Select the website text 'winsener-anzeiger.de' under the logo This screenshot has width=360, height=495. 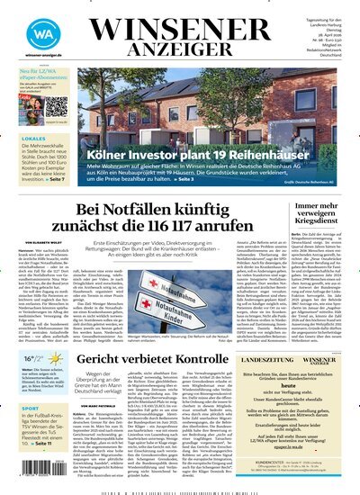tap(31, 54)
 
